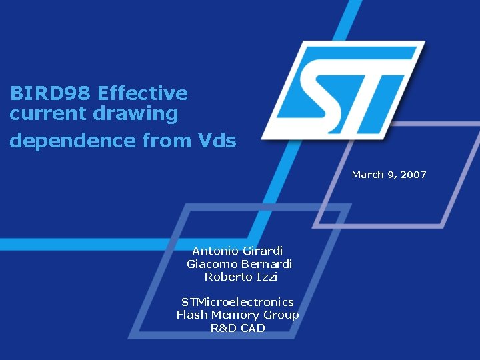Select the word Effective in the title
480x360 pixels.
(x=143, y=93)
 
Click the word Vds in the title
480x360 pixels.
(x=217, y=141)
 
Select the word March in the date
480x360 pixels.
(x=368, y=175)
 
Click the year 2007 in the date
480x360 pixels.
(x=413, y=175)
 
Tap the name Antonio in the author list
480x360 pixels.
(x=213, y=251)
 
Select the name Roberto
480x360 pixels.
(x=226, y=277)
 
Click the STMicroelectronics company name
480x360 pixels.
(x=237, y=302)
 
